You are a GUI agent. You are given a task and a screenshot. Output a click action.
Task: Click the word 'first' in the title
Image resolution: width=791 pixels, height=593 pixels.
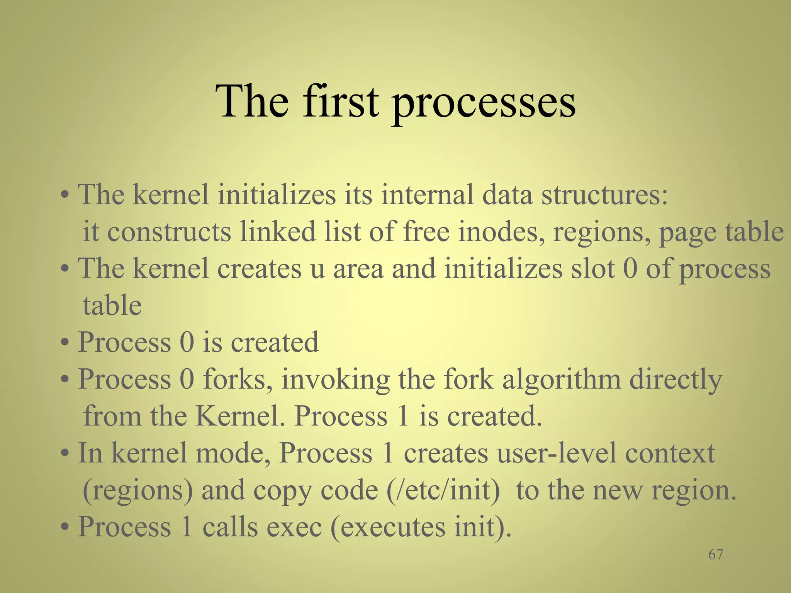340,101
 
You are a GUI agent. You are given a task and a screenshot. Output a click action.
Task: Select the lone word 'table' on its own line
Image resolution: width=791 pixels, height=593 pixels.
112,305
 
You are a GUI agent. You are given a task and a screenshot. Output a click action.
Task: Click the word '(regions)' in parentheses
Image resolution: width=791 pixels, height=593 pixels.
137,490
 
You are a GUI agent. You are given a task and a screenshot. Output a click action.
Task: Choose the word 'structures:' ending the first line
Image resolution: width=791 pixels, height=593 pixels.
604,194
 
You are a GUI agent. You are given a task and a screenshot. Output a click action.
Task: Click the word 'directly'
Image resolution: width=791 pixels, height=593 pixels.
676,379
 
